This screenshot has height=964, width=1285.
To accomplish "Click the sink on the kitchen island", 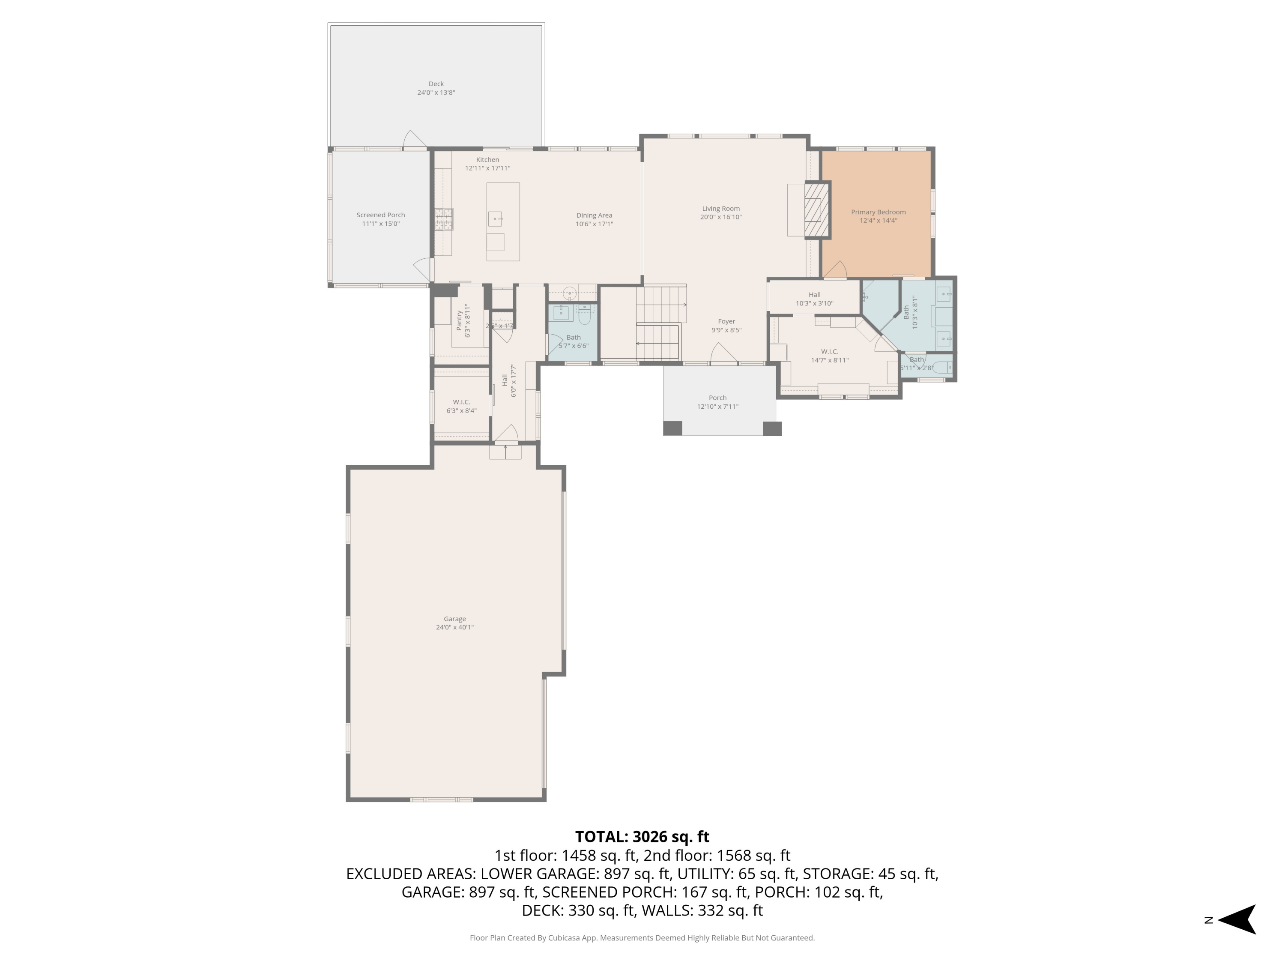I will click(x=495, y=219).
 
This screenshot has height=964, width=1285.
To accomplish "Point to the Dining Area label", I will click(x=594, y=216).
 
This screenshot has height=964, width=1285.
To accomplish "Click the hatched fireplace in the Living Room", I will click(x=817, y=210).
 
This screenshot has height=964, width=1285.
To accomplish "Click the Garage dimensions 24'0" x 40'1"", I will click(x=455, y=628).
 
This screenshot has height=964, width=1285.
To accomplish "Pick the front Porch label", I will click(x=717, y=398).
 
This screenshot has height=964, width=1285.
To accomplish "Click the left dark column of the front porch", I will click(x=673, y=428).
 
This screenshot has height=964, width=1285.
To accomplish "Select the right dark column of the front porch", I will click(x=772, y=428).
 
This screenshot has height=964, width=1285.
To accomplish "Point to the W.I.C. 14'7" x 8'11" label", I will click(x=830, y=352).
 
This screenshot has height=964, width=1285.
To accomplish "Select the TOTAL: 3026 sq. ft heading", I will click(x=642, y=837).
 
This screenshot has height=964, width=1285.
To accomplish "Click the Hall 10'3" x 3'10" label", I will click(x=814, y=295).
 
